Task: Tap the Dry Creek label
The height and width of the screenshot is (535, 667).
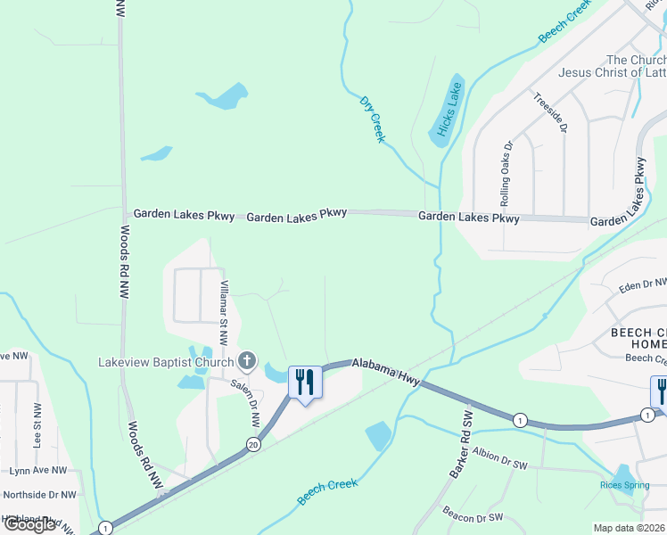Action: pyautogui.click(x=373, y=119)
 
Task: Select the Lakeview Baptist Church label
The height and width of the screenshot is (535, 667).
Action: pyautogui.click(x=165, y=362)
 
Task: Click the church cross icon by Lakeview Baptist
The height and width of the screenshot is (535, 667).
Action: pyautogui.click(x=248, y=362)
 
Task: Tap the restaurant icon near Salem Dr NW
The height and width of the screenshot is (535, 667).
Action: pyautogui.click(x=305, y=383)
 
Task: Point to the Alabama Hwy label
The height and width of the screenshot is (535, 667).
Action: pyautogui.click(x=386, y=373)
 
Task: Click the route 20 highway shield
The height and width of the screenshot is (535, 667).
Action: pyautogui.click(x=254, y=444)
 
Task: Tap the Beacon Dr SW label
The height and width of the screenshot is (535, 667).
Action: pyautogui.click(x=473, y=516)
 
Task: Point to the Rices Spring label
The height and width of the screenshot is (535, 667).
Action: pyautogui.click(x=623, y=485)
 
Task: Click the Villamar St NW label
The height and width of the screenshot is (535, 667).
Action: pyautogui.click(x=224, y=313)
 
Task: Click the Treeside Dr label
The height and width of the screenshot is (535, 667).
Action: pyautogui.click(x=550, y=113)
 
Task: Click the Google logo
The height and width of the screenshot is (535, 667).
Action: pyautogui.click(x=29, y=524)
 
